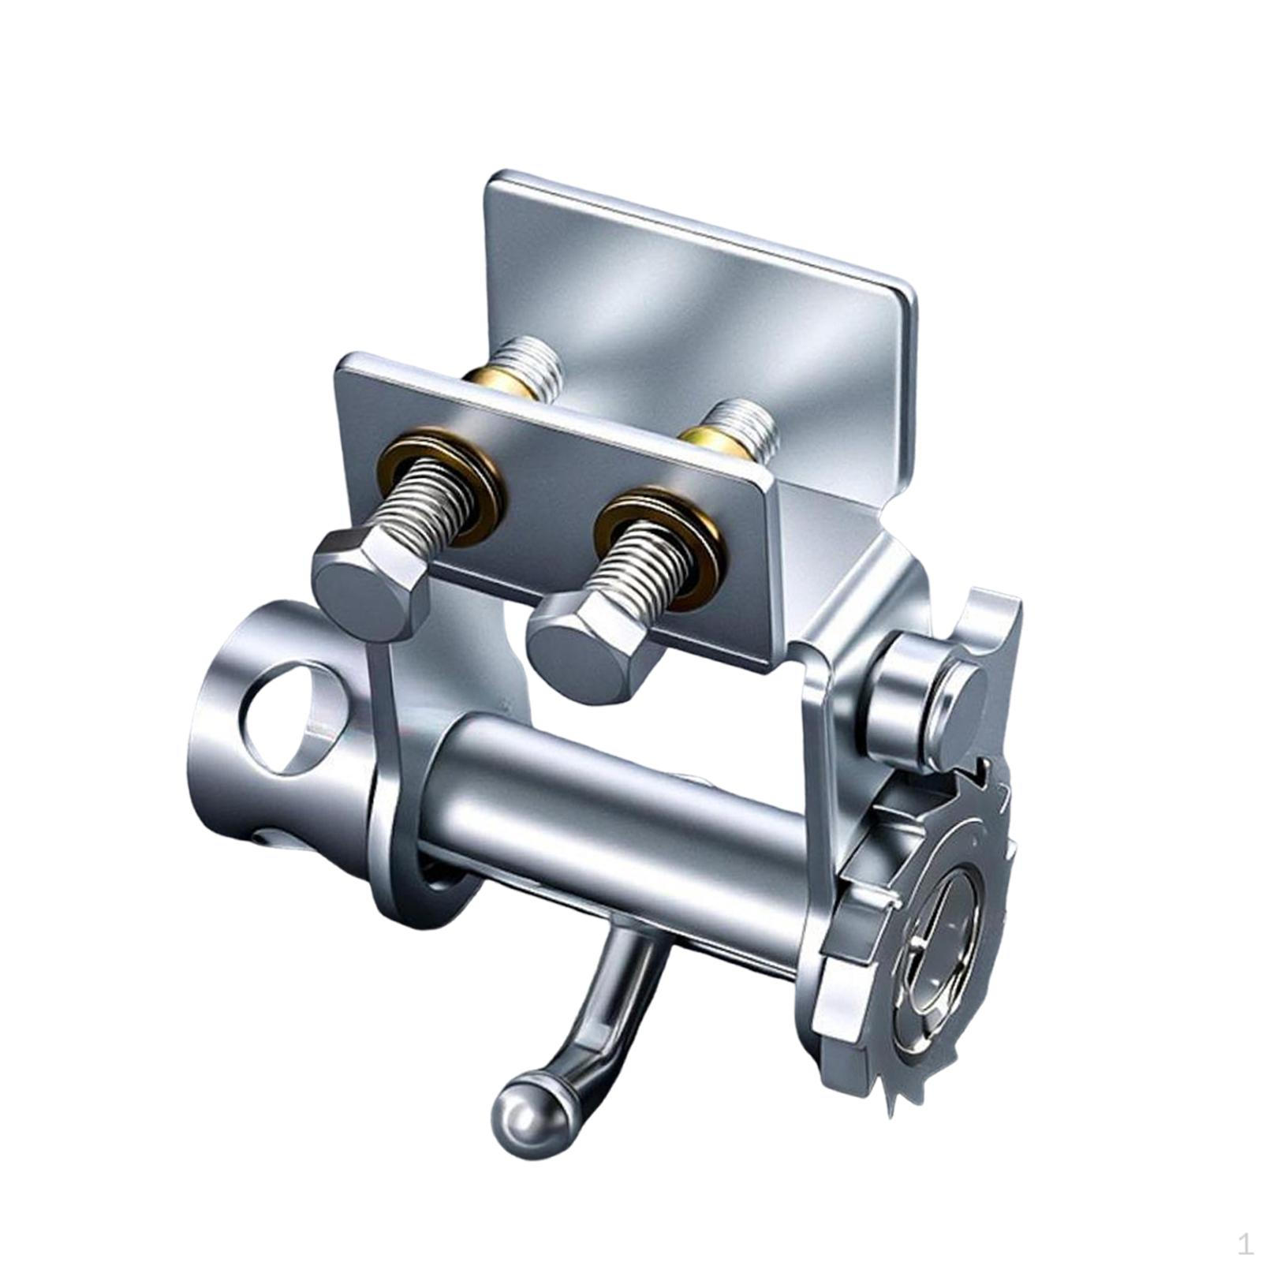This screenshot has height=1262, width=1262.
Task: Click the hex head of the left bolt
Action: click(x=371, y=582)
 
